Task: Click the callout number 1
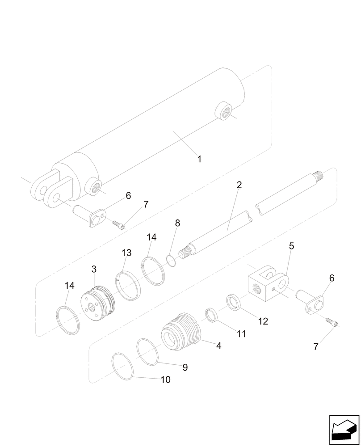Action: coord(199,159)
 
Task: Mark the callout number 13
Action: coord(126,253)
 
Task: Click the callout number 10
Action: coord(165,380)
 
